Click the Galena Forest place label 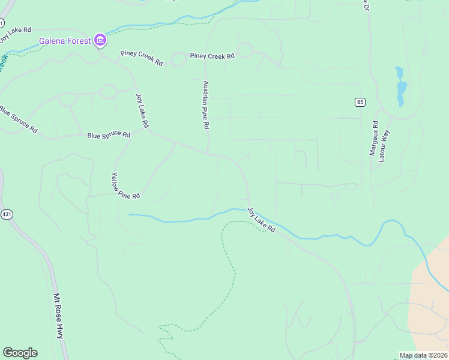[x=65, y=41]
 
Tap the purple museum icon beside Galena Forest [x=100, y=41]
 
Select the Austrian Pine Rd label [x=205, y=105]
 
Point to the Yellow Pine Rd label [x=125, y=186]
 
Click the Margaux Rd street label [x=373, y=139]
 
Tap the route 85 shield [x=360, y=102]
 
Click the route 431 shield [x=7, y=214]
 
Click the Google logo [x=20, y=353]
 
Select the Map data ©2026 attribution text [x=424, y=355]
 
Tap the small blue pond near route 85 [x=400, y=86]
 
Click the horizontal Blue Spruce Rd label [x=109, y=135]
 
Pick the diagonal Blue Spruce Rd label [x=18, y=119]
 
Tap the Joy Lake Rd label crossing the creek [x=261, y=220]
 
